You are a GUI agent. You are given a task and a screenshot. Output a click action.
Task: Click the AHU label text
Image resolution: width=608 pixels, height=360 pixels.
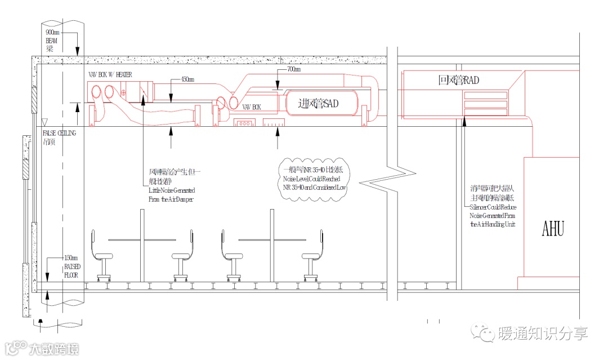(x=552, y=229)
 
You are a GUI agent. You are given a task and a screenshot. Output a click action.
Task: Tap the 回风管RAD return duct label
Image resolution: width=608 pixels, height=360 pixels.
(x=458, y=81)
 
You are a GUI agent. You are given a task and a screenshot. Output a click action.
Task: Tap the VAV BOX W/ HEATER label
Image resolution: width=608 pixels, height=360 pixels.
(x=110, y=75)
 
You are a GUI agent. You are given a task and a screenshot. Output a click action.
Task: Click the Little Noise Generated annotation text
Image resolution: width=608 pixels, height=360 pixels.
(x=171, y=195)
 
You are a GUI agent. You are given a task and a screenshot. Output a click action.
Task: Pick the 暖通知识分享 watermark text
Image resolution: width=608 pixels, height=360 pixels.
(x=543, y=333)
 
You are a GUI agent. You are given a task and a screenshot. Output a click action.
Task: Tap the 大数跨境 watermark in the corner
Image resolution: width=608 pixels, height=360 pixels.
(x=53, y=349)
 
